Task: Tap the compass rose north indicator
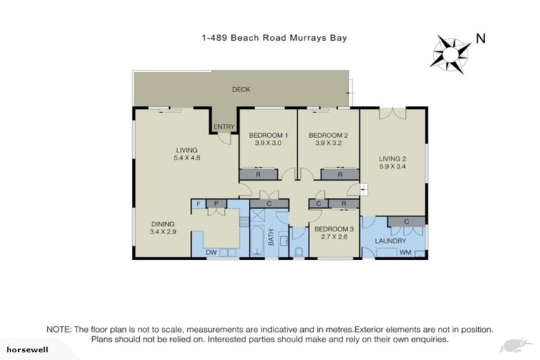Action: click(x=452, y=52)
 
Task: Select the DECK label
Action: click(x=241, y=89)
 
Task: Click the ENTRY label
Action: click(x=224, y=127)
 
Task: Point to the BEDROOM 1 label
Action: click(x=267, y=135)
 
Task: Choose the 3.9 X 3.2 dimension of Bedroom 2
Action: click(x=328, y=143)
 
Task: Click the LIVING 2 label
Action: click(x=392, y=159)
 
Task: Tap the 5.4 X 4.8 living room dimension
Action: click(x=186, y=158)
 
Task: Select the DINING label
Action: click(x=162, y=224)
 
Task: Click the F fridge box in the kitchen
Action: click(x=198, y=204)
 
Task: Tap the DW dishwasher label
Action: click(x=210, y=252)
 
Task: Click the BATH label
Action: click(x=271, y=241)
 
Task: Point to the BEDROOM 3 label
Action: click(x=334, y=229)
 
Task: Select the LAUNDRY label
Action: click(x=391, y=241)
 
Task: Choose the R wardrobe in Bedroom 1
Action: click(x=259, y=174)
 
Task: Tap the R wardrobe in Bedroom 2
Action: click(x=340, y=174)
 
